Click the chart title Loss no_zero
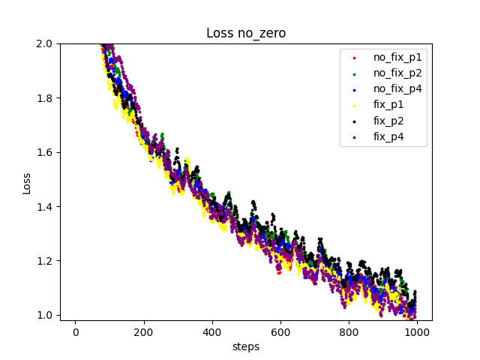[246, 33]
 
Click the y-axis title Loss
[27, 182]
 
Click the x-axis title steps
[246, 346]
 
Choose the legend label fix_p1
[388, 105]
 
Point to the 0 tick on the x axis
[75, 331]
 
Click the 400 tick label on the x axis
[212, 331]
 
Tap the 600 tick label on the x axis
[280, 331]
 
